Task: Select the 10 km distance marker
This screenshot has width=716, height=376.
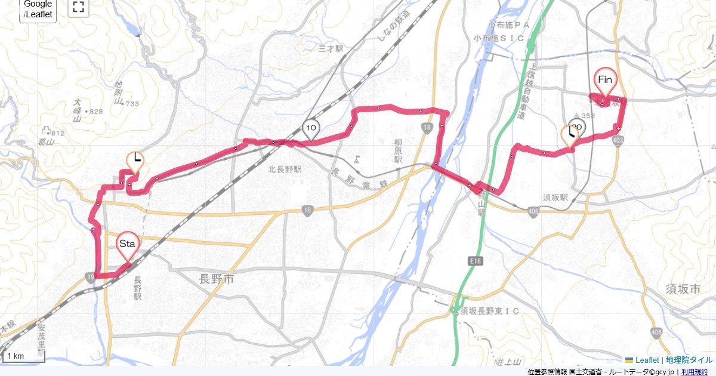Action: pos(310,127)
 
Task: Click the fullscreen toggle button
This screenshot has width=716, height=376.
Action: pos(78,8)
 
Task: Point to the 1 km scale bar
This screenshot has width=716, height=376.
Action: pos(24,356)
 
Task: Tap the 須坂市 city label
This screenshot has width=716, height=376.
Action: pos(683,289)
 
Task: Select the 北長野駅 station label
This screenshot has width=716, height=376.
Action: pos(285,169)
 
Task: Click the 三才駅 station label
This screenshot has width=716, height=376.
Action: pos(332,48)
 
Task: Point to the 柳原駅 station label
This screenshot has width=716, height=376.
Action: pos(399,152)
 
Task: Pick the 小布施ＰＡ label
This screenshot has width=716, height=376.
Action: pos(509,25)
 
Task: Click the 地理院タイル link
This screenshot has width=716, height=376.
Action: pos(689,360)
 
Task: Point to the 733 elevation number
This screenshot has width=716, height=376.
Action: pos(132,104)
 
